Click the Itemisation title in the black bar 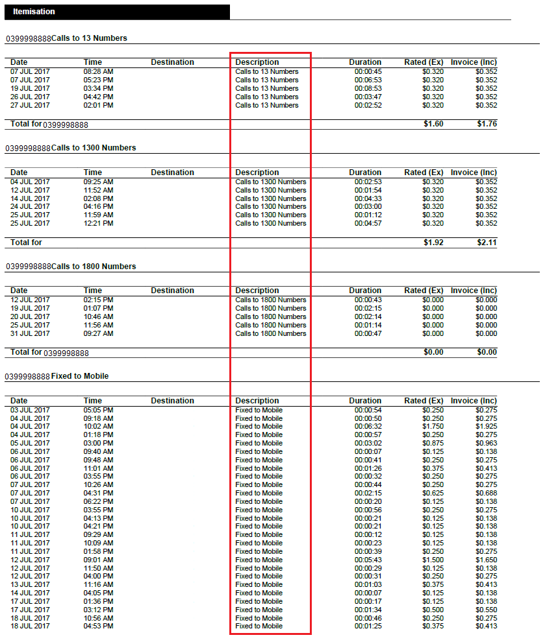coord(34,12)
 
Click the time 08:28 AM coord(99,71)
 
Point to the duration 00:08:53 coord(368,88)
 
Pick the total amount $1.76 coord(487,123)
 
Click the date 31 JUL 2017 coord(30,333)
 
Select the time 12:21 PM coord(99,223)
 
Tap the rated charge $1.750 coord(433,427)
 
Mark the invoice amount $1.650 coord(486,560)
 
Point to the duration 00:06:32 coord(368,427)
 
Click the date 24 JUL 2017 coord(30,206)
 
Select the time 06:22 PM coord(99,501)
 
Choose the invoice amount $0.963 coord(486,443)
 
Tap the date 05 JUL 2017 coord(30,443)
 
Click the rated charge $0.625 coord(433,493)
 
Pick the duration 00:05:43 coord(368,560)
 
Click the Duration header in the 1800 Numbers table coord(365,291)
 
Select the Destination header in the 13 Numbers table coord(172,62)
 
